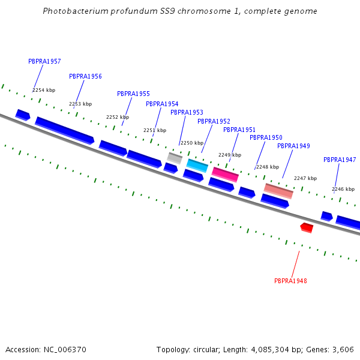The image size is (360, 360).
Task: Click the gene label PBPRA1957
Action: pos(44,61)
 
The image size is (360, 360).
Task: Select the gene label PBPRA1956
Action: pos(85,76)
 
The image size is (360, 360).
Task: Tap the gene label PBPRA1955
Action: pos(133,94)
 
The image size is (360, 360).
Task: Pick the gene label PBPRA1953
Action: pos(187,112)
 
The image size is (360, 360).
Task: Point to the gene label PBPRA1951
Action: pos(239,130)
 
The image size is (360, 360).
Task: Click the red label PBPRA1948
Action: pos(290,281)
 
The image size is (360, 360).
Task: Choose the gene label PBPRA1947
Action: pos(340,160)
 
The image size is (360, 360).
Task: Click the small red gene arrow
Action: pos(307,227)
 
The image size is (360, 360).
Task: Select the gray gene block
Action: pos(175,158)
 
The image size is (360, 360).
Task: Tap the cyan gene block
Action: pos(197,165)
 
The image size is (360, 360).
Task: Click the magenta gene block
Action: pos(225,174)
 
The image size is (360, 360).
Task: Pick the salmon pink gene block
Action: pos(278,191)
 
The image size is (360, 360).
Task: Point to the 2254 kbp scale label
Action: pos(44,90)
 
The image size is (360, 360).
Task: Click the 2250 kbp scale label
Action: pos(192,143)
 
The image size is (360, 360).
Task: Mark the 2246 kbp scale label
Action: pos(343,189)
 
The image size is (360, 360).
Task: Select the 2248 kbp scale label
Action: pos(268,167)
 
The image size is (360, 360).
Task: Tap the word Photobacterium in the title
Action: pos(75,11)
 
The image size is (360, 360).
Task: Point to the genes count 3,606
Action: pos(344,349)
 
